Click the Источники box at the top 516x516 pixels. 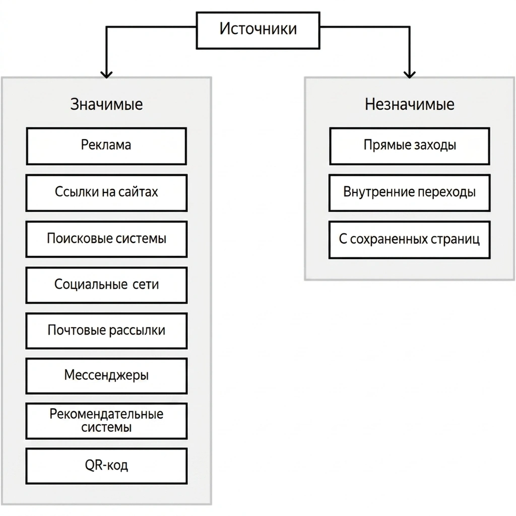click(x=258, y=31)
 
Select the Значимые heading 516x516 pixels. click(x=106, y=104)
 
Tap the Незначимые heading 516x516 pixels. click(x=409, y=104)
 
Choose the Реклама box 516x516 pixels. click(x=106, y=146)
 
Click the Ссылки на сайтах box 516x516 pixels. click(x=106, y=193)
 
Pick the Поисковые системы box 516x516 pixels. click(x=106, y=239)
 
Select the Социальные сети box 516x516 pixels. click(x=106, y=285)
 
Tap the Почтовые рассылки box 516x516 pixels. click(x=106, y=331)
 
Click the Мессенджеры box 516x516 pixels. click(x=106, y=376)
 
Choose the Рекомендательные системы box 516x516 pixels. click(x=106, y=421)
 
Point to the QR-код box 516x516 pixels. click(x=106, y=466)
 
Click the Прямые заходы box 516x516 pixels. click(x=409, y=146)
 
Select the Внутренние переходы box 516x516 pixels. click(x=409, y=193)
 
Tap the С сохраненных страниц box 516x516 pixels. click(x=409, y=239)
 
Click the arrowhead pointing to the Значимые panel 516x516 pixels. click(x=106, y=75)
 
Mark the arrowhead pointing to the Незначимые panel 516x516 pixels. click(x=409, y=75)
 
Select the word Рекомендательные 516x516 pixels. click(x=106, y=414)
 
